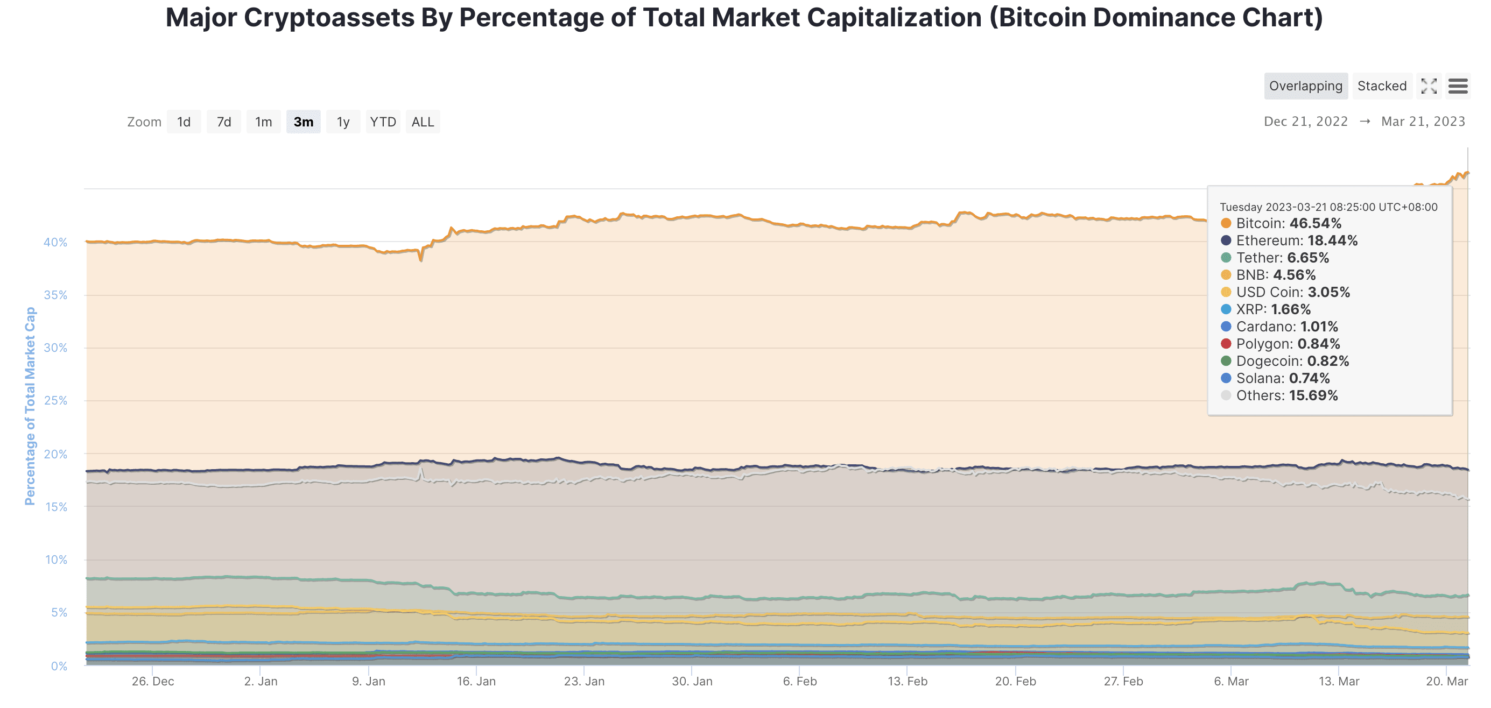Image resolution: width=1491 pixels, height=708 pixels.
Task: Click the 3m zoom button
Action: (303, 122)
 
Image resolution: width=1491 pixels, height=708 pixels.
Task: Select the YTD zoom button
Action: (383, 122)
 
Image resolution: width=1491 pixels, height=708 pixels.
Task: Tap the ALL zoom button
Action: (423, 122)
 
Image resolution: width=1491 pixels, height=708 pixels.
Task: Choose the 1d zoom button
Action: (184, 122)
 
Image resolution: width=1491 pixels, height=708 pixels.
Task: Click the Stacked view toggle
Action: (1382, 86)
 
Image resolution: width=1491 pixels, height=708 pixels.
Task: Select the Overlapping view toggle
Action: (1305, 86)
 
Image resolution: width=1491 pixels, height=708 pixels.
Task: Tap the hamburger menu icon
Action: (1458, 86)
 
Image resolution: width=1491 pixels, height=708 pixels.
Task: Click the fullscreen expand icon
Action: (1429, 86)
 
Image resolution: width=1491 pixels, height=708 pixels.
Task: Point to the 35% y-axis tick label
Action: (55, 295)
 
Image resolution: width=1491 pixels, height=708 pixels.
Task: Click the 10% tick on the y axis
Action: (56, 560)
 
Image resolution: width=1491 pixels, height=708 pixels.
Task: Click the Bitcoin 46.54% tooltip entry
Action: (1288, 223)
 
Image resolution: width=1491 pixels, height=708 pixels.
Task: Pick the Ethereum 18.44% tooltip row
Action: (1297, 240)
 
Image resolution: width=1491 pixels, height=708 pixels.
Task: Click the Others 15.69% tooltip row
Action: (1286, 395)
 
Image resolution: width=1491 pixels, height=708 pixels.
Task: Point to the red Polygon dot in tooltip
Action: (1225, 344)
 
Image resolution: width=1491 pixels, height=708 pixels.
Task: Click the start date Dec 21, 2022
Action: (1305, 122)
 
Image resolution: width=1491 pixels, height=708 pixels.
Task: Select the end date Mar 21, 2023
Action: (1423, 122)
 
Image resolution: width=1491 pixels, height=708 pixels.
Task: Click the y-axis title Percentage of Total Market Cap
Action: (30, 406)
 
